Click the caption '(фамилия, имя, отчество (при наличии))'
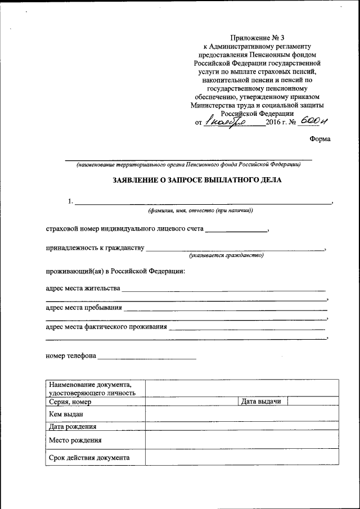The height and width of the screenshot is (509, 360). [200, 210]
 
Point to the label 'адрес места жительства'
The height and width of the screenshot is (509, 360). [83, 289]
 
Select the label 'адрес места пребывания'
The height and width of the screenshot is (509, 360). [83, 308]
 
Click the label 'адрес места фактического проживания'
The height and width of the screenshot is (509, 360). [106, 327]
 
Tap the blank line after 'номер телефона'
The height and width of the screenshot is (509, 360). [147, 357]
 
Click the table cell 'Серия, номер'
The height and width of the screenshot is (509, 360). [70, 402]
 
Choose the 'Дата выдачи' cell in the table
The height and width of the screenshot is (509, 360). [260, 401]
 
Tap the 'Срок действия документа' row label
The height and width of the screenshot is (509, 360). [89, 457]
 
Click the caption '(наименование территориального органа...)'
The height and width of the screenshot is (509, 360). [188, 165]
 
